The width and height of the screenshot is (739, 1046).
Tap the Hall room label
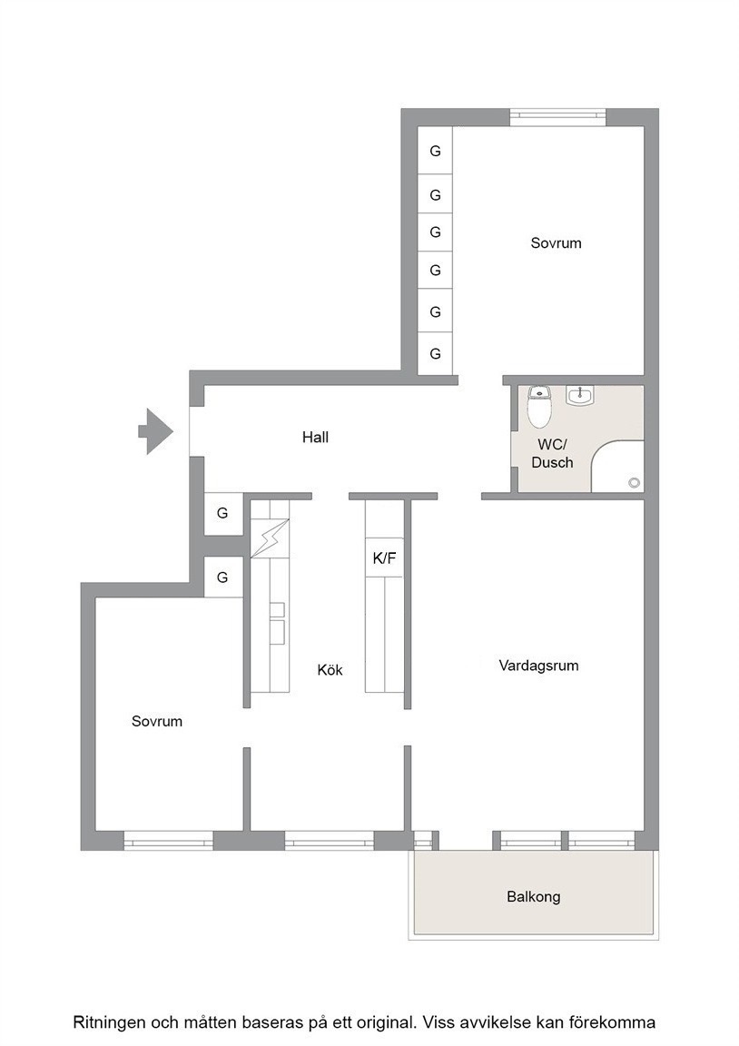click(315, 438)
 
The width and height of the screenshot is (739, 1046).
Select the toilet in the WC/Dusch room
click(539, 406)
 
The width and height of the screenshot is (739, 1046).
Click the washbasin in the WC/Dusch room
click(579, 395)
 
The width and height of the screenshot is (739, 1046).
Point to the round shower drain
click(634, 482)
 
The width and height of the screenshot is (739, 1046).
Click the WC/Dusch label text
click(552, 454)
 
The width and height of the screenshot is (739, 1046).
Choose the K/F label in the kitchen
click(384, 558)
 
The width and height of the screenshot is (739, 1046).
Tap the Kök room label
click(330, 670)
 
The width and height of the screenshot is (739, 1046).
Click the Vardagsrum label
click(539, 666)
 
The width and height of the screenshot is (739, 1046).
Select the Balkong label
click(534, 896)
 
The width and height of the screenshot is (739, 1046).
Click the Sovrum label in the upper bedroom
click(557, 242)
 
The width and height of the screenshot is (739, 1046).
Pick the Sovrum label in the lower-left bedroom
click(157, 721)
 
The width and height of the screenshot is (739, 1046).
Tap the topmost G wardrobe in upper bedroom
click(435, 151)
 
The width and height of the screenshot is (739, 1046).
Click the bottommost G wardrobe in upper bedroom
click(435, 353)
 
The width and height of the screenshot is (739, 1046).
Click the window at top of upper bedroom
click(558, 117)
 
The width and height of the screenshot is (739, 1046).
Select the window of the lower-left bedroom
click(169, 841)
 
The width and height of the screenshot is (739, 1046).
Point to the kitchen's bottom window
click(329, 841)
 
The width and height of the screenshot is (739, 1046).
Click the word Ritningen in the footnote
click(108, 1022)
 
